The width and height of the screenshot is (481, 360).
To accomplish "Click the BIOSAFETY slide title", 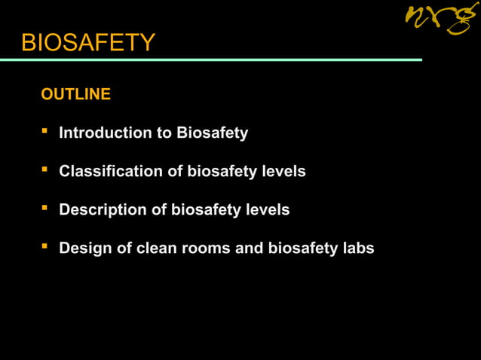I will click(x=88, y=43).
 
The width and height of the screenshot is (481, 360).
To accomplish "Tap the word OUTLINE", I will click(x=75, y=94).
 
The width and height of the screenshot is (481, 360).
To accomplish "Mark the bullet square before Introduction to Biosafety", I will click(x=45, y=132).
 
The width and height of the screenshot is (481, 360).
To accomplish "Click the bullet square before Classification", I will click(x=45, y=170).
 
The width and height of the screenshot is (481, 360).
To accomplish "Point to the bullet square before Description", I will click(x=45, y=209).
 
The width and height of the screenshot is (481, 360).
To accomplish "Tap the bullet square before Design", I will click(x=45, y=246).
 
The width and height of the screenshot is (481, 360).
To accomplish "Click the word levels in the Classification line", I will click(x=283, y=172).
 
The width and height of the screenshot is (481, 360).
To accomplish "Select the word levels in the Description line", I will click(x=267, y=210).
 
